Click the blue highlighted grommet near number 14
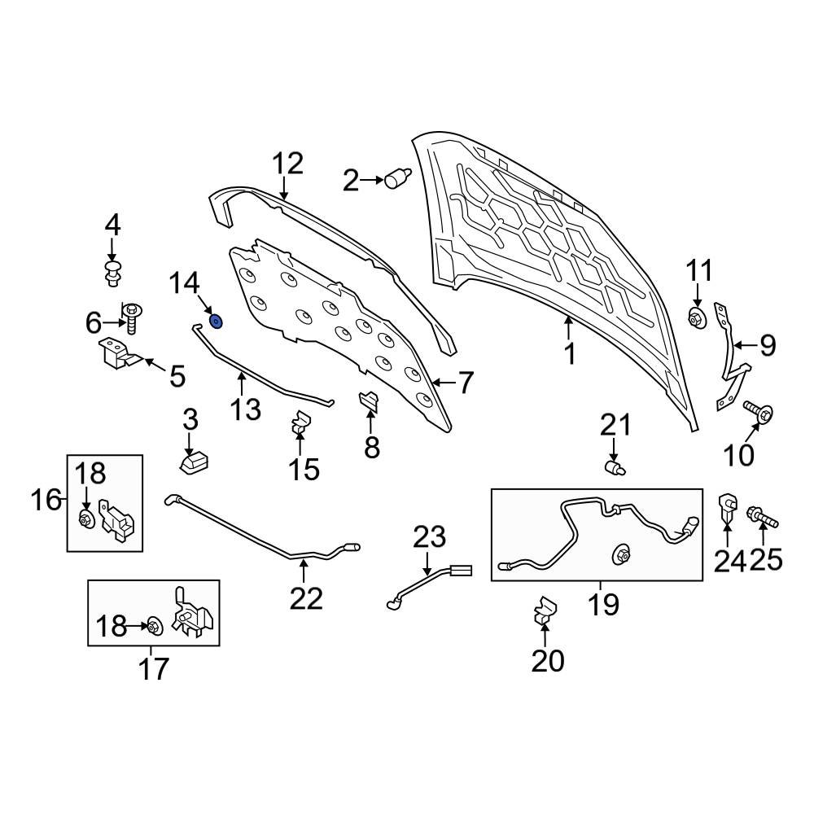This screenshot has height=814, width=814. point(217,321)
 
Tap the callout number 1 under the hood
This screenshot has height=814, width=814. point(570,354)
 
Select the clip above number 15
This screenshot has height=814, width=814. point(300,422)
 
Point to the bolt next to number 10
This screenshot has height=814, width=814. point(759,413)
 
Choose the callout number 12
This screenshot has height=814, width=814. point(287,164)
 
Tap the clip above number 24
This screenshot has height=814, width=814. point(727,507)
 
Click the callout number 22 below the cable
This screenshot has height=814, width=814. point(307,598)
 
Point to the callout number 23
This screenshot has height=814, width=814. point(430,537)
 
